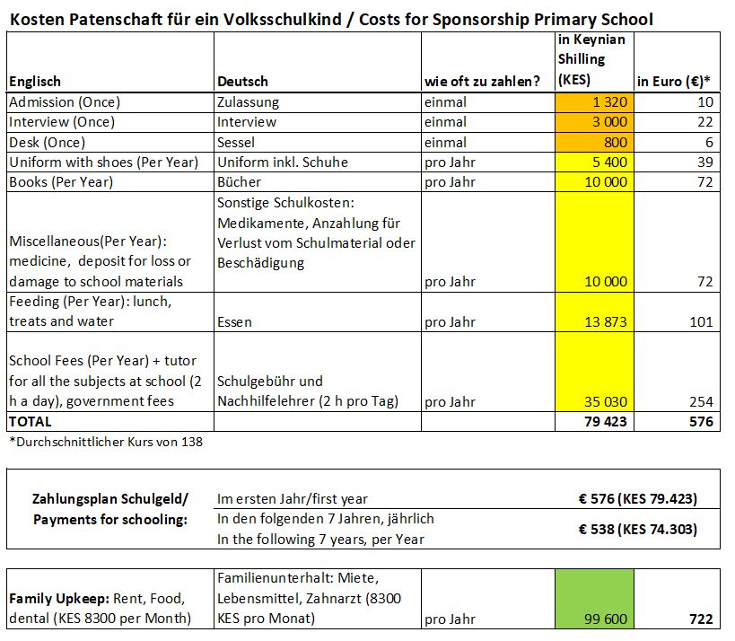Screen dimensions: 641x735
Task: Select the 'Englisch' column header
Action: [35, 82]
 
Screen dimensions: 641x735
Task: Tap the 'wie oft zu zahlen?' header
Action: [482, 82]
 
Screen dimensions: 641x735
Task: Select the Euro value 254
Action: [702, 401]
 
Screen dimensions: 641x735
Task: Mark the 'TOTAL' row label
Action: [31, 421]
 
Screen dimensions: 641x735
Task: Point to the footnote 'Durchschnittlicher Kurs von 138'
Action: [106, 442]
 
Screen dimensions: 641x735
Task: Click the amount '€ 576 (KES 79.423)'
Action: [636, 499]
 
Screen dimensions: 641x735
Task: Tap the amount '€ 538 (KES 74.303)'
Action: [636, 530]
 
